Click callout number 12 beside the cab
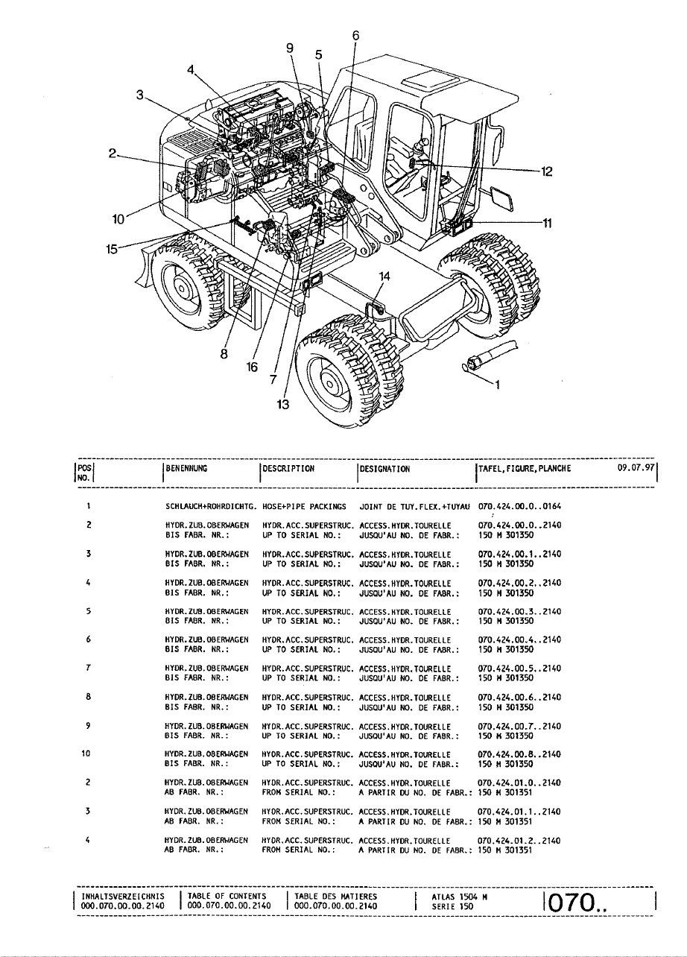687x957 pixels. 546,171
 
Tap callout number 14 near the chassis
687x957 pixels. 384,277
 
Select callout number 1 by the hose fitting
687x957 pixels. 497,385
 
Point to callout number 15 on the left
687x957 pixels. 112,249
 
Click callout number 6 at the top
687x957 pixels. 356,36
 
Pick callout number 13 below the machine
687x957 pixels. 283,404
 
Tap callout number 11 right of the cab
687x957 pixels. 547,224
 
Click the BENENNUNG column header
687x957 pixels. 186,468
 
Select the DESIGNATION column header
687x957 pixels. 384,469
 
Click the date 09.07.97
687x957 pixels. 636,467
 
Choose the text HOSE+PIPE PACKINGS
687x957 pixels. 304,507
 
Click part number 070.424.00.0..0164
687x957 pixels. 519,506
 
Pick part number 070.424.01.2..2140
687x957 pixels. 519,841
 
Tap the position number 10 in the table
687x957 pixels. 86,754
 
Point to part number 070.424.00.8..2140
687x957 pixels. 519,754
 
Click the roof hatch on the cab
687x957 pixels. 430,80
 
